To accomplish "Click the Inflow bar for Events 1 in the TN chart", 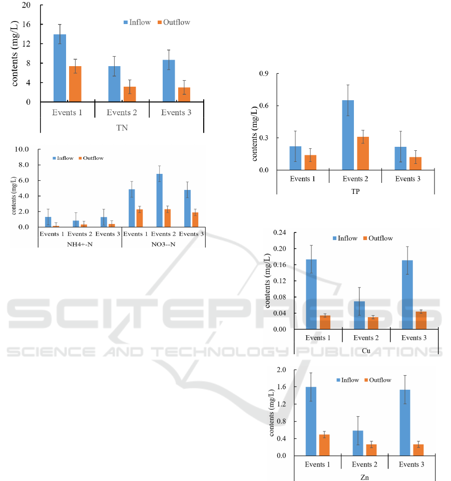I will click(60, 68).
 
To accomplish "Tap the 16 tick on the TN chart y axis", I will click(28, 25).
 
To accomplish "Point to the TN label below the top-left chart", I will click(122, 127).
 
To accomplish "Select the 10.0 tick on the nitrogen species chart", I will click(23, 149).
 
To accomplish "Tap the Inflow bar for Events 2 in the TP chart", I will click(348, 135).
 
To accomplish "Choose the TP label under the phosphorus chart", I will click(355, 191).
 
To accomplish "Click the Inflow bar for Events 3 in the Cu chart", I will click(407, 295).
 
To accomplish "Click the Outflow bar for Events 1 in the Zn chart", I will click(324, 445).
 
